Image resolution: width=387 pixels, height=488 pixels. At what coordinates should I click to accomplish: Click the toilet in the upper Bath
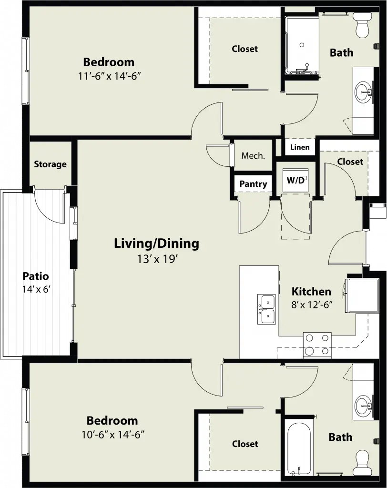(x=362, y=25)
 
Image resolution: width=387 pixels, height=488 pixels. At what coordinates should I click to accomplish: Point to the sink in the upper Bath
(x=363, y=92)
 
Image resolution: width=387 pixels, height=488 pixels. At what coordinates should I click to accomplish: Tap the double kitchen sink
(x=266, y=309)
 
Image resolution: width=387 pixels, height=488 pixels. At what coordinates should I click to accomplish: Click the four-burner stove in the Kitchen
(x=317, y=345)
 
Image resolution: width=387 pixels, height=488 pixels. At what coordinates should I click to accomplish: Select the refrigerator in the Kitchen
(x=362, y=295)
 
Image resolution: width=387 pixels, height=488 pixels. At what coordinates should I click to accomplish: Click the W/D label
(x=295, y=180)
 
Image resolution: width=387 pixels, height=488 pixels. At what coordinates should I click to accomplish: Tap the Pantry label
(x=253, y=184)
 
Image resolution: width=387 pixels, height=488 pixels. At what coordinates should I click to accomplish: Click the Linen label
(x=300, y=147)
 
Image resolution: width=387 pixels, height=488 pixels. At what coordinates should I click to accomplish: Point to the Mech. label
(x=253, y=156)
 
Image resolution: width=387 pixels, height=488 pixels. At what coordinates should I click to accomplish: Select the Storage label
(x=50, y=164)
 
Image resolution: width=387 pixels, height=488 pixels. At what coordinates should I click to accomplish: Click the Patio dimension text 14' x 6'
(x=36, y=289)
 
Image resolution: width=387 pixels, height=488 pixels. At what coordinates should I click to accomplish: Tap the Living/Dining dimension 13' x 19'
(x=157, y=259)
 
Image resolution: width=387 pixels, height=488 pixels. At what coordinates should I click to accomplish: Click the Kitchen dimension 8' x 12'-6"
(x=312, y=305)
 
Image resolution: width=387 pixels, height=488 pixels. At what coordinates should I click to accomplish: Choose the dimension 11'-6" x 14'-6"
(x=109, y=76)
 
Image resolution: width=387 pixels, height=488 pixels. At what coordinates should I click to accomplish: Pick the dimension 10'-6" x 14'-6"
(x=113, y=435)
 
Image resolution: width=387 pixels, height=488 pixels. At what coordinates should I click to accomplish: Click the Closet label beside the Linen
(x=350, y=162)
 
